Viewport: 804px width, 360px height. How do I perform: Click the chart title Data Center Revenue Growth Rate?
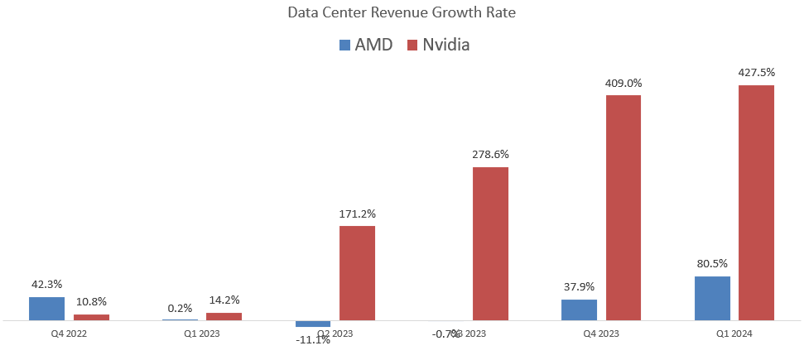coord(402,13)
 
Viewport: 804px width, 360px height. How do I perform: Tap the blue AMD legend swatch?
coord(344,45)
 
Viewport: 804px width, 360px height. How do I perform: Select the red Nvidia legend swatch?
coord(412,45)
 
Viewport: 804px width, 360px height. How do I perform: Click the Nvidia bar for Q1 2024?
coord(756,202)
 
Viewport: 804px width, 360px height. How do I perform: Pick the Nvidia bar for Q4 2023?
coord(623,207)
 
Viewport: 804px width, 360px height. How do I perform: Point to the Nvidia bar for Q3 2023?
coord(490,243)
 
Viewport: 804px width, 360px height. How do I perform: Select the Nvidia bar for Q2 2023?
coord(357,272)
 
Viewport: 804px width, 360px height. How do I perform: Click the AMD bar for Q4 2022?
coord(46,308)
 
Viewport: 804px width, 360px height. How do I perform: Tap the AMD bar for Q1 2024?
coord(712,298)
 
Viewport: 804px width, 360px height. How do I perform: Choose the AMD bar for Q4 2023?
coord(579,310)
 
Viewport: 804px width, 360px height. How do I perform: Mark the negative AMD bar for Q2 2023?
coord(313,324)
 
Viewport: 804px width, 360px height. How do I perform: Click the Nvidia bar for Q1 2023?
coord(224,316)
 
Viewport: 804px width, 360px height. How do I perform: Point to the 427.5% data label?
coord(756,73)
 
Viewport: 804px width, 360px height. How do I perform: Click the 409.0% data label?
coord(623,83)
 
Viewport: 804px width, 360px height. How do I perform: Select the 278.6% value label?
coord(490,154)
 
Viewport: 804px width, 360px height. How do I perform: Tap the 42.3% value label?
coord(46,284)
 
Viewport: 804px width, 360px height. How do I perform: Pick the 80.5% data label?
coord(712,264)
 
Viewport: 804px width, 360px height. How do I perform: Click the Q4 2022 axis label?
coord(68,334)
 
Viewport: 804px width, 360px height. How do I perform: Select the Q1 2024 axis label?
coord(734,334)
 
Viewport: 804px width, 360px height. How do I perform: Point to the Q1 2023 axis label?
coord(201,334)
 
